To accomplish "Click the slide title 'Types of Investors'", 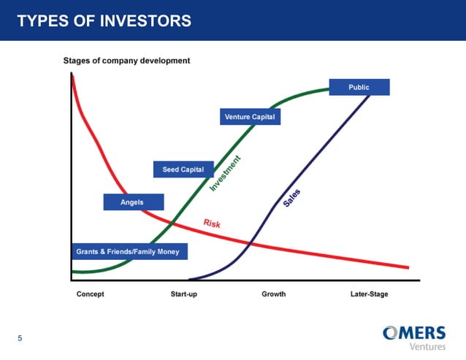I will pyautogui.click(x=104, y=21).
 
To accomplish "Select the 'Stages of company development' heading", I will pyautogui.click(x=127, y=61).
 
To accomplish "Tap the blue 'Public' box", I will pyautogui.click(x=359, y=88).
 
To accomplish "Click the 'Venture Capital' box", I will pyautogui.click(x=250, y=117).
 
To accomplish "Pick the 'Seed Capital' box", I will pyautogui.click(x=183, y=169).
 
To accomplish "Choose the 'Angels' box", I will pyautogui.click(x=132, y=202).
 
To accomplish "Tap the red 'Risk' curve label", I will pyautogui.click(x=211, y=223).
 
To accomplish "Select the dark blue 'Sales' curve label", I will pyautogui.click(x=292, y=198).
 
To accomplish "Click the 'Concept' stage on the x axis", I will pyautogui.click(x=91, y=294).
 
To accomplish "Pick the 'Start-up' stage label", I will pyautogui.click(x=184, y=294).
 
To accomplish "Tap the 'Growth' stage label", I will pyautogui.click(x=274, y=294).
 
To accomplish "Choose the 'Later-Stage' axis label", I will pyautogui.click(x=369, y=294).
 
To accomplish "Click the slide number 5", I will pyautogui.click(x=20, y=338).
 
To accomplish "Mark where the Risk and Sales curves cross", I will pyautogui.click(x=251, y=242).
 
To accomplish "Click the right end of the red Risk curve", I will pyautogui.click(x=407, y=267).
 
